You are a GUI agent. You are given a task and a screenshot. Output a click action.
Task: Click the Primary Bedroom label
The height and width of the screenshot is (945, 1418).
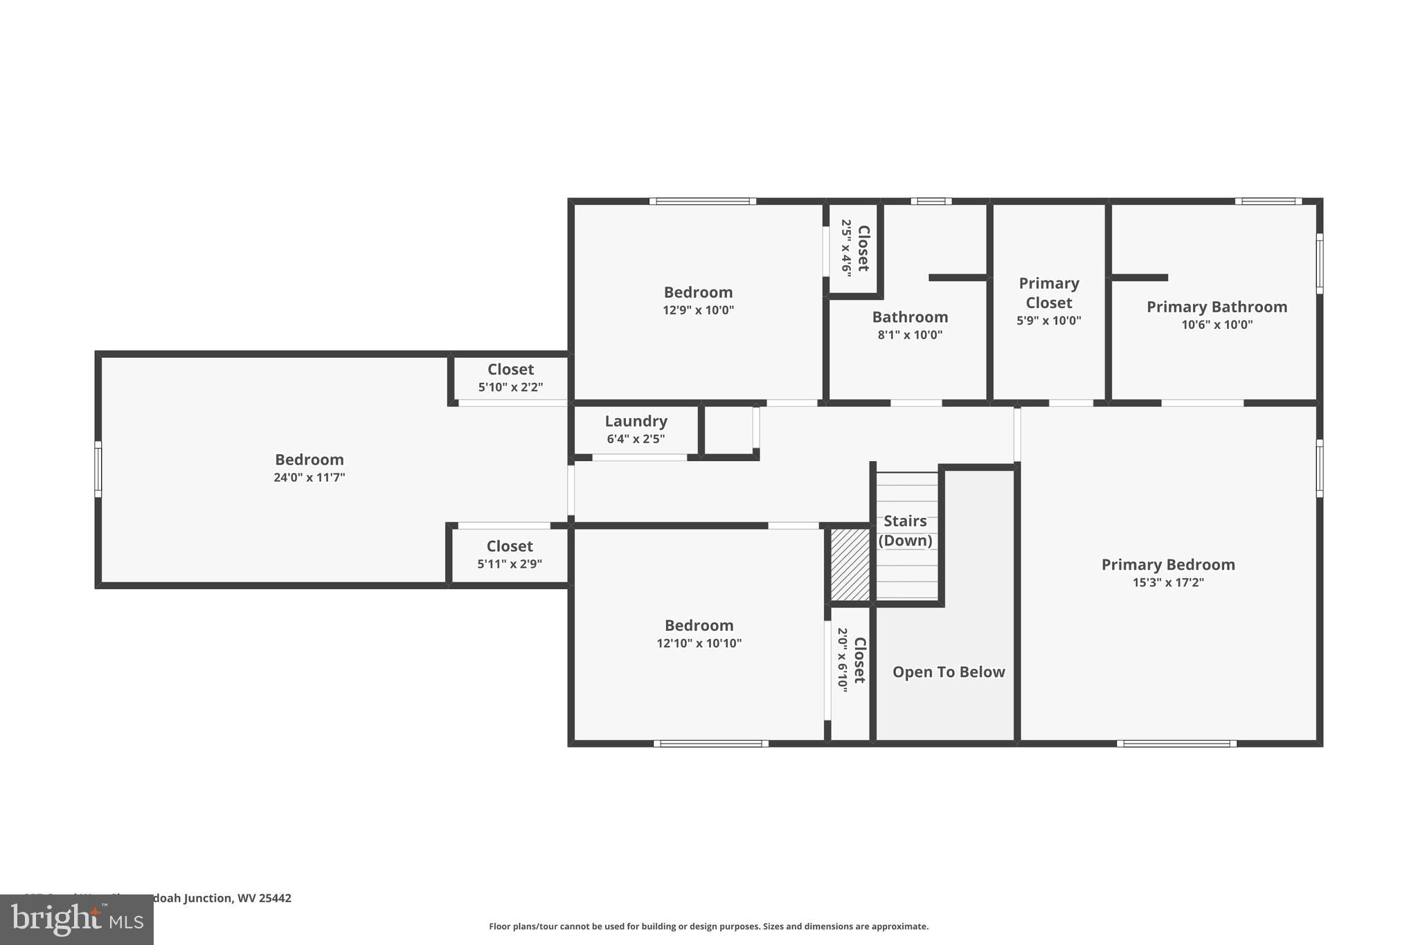pyautogui.click(x=1167, y=564)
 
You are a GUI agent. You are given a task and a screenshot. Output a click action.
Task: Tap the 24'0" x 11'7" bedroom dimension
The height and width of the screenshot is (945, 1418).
pyautogui.click(x=309, y=477)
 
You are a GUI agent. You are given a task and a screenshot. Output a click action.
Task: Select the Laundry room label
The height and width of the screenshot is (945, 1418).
pyautogui.click(x=636, y=421)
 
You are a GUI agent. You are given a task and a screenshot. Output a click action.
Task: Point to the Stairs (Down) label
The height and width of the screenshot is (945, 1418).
pyautogui.click(x=905, y=530)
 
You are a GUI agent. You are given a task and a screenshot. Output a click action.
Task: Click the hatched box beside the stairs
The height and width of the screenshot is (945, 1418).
pyautogui.click(x=850, y=564)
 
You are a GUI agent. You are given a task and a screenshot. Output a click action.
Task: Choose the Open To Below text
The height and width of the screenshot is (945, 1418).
pyautogui.click(x=948, y=672)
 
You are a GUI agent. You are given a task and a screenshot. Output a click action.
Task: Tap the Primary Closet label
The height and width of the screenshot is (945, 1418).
pyautogui.click(x=1048, y=293)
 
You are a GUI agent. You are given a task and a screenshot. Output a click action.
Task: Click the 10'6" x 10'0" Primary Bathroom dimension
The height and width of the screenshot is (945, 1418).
pyautogui.click(x=1217, y=325)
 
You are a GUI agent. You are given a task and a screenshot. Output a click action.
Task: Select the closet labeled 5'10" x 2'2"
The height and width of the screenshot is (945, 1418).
pyautogui.click(x=510, y=377)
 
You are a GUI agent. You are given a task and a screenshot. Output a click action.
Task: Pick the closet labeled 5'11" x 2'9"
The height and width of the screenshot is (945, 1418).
pyautogui.click(x=510, y=554)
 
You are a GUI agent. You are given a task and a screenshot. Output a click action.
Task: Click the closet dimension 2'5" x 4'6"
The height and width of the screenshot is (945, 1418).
pyautogui.click(x=846, y=248)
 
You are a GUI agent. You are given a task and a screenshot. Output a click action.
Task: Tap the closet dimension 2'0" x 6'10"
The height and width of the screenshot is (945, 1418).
pyautogui.click(x=842, y=659)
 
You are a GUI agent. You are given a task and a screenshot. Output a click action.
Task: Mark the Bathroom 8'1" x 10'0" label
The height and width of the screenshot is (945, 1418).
pyautogui.click(x=910, y=325)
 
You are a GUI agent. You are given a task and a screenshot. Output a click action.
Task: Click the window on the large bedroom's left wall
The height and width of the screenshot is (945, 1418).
pyautogui.click(x=98, y=469)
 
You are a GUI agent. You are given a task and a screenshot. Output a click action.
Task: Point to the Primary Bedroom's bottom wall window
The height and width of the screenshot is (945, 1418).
pyautogui.click(x=1176, y=744)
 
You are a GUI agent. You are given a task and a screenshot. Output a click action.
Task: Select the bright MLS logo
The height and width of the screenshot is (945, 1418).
pyautogui.click(x=76, y=919)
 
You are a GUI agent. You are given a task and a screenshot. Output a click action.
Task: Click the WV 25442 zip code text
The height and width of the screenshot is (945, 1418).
pyautogui.click(x=264, y=898)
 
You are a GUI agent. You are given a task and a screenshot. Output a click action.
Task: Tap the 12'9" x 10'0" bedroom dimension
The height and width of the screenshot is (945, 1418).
pyautogui.click(x=698, y=310)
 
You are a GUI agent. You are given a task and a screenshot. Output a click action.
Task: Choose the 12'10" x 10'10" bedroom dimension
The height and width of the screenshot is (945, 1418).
pyautogui.click(x=699, y=643)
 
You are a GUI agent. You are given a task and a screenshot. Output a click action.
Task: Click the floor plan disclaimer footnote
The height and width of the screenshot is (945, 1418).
pyautogui.click(x=708, y=926)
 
